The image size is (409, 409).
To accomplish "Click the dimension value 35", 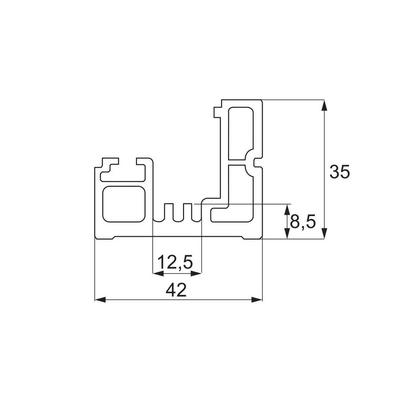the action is point(339,171).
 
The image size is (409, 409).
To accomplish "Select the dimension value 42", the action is point(176,290).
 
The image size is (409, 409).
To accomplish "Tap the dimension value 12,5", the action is point(175,262).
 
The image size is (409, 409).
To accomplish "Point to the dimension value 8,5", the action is point(303,222).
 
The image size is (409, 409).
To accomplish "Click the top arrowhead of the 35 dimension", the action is point(324,105).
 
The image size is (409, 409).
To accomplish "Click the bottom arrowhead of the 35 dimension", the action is point(324,233).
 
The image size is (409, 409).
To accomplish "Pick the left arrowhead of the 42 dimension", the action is point(100,300).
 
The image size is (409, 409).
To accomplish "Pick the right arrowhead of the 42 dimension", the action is point(257,300).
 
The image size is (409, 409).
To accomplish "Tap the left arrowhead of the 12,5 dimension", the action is point(158,274).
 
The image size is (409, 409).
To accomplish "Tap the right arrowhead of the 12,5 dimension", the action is point(196,274).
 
